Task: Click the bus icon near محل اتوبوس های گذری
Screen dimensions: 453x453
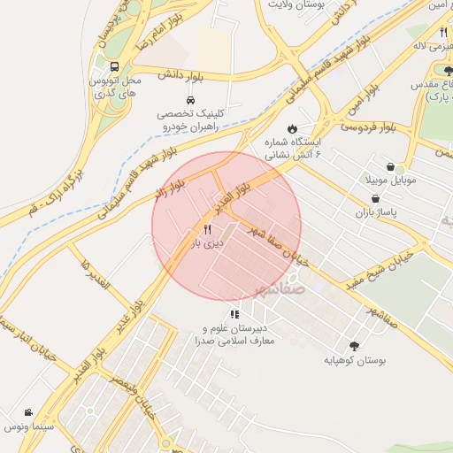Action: pyautogui.click(x=114, y=67)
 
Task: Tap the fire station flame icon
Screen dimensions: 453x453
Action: pyautogui.click(x=293, y=127)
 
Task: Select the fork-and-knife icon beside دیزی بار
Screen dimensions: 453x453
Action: pyautogui.click(x=207, y=228)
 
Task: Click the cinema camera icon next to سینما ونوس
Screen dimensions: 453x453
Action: pyautogui.click(x=29, y=413)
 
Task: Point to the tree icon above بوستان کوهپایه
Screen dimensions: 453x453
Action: pyautogui.click(x=355, y=347)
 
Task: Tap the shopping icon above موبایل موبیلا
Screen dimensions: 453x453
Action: pyautogui.click(x=391, y=165)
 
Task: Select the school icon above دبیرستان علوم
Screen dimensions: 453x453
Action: pyautogui.click(x=234, y=314)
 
